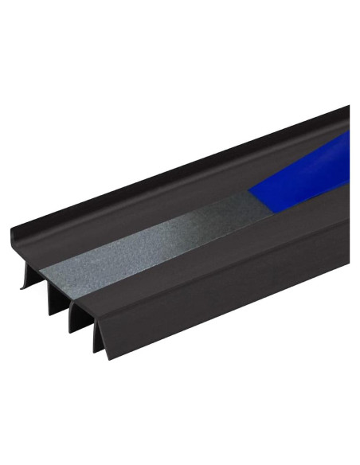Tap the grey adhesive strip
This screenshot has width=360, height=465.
(x=159, y=239)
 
